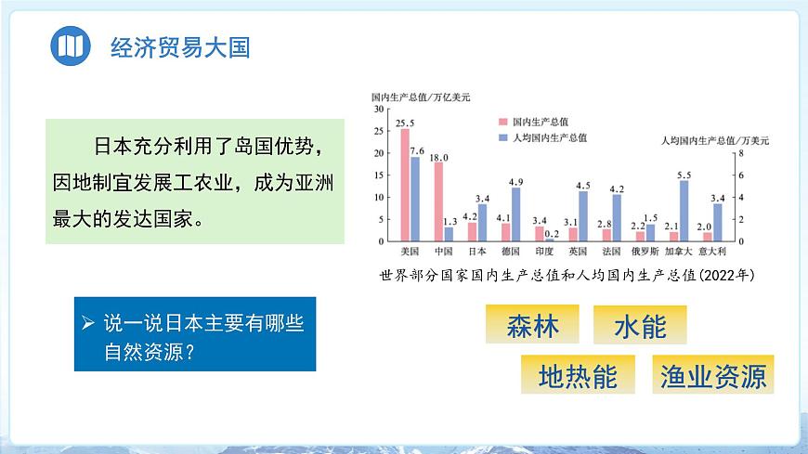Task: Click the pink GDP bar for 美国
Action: point(405,185)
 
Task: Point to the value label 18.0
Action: point(438,157)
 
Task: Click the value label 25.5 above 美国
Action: point(405,123)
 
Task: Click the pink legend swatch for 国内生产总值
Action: point(502,122)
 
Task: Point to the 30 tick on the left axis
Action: point(379,109)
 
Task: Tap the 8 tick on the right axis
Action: point(740,153)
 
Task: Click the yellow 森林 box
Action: point(533,326)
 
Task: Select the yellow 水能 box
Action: point(640,326)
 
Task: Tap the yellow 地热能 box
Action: point(578,375)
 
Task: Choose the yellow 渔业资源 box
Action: point(713,375)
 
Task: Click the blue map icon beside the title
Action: point(70,46)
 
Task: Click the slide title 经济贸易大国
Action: point(180,47)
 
